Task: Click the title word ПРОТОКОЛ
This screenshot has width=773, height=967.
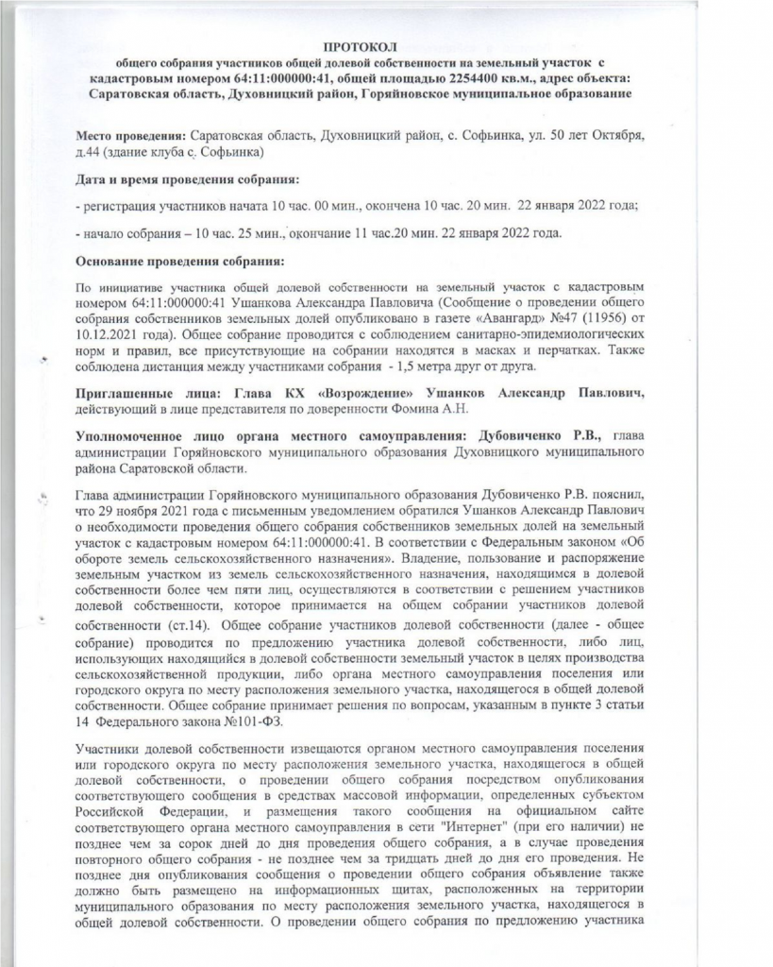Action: pyautogui.click(x=361, y=45)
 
